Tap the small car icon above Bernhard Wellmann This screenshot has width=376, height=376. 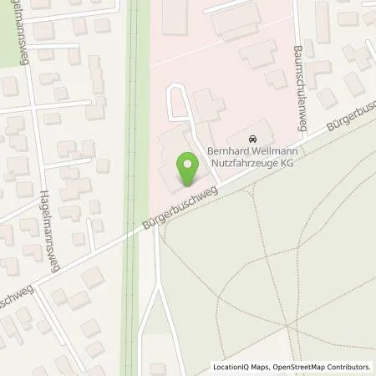click(x=254, y=138)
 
